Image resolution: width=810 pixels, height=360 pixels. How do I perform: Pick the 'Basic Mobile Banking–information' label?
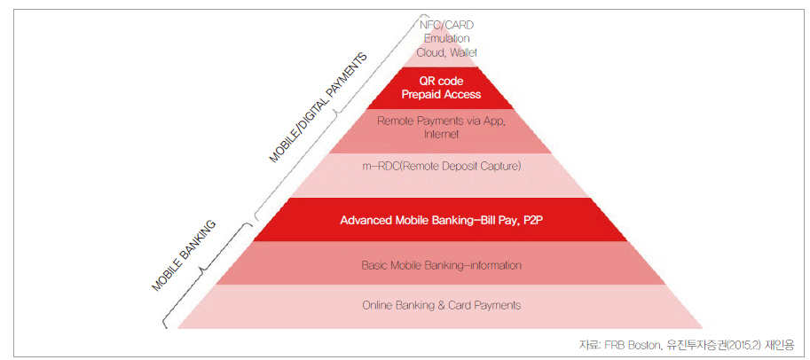(441, 266)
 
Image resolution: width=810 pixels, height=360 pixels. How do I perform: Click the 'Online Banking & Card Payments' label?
(441, 305)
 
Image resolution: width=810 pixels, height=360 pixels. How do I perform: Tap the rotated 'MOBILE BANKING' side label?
(184, 256)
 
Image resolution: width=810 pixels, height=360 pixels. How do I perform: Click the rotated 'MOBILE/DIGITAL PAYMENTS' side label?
(318, 107)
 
